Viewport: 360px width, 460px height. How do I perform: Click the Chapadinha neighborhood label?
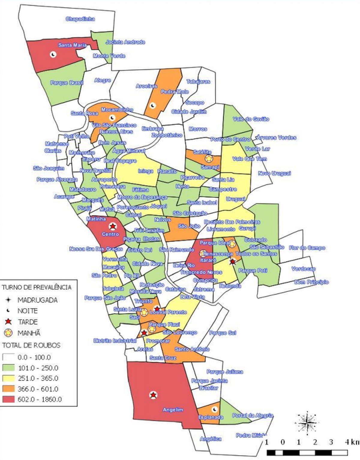point(80,19)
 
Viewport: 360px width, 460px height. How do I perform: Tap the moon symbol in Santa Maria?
point(53,55)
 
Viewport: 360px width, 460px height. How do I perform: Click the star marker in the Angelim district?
point(153,395)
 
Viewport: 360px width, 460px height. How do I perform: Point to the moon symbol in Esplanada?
point(214,409)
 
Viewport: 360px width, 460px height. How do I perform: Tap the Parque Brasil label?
point(67,83)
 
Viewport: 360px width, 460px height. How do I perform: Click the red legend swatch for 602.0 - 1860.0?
point(9,399)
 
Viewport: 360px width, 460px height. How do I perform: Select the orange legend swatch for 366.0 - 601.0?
point(9,389)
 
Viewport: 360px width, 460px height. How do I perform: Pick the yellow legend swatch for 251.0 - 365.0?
point(9,378)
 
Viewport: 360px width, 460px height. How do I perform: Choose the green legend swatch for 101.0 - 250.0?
point(9,368)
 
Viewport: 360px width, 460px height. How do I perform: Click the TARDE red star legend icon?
point(9,322)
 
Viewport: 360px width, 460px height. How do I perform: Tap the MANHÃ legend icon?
point(9,333)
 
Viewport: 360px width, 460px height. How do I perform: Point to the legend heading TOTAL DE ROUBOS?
point(31,345)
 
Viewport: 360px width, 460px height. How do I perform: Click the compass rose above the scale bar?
point(307,422)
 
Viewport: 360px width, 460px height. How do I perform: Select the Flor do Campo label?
point(307,248)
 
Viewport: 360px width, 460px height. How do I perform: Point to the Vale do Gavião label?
point(251,119)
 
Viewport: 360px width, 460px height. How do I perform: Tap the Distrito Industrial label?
point(115,341)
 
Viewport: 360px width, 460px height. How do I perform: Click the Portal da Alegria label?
point(253,416)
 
